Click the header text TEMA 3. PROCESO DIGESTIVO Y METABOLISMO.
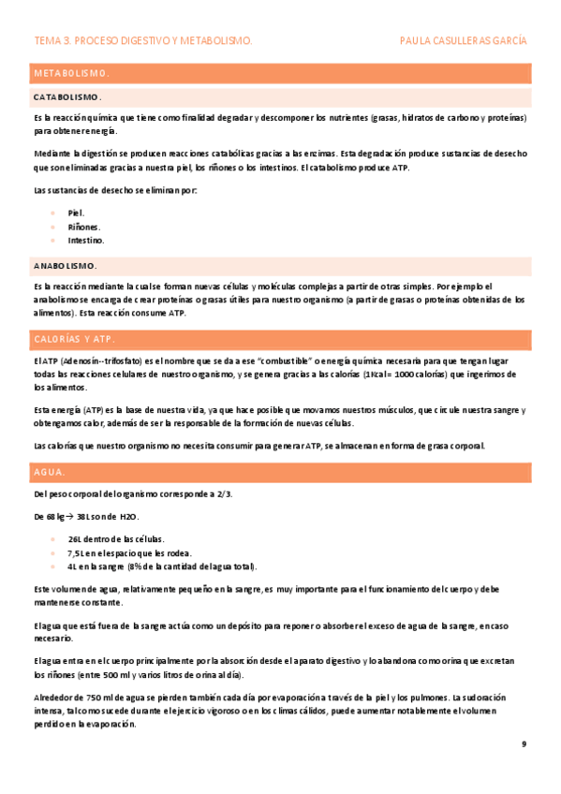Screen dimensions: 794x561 [142, 41]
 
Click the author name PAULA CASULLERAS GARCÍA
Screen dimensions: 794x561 [463, 41]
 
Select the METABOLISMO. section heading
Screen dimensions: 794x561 [71, 73]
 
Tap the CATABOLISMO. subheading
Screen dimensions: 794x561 [67, 97]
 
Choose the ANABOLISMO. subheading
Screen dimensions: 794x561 [65, 265]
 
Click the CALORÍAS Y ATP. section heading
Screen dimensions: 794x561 [73, 338]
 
